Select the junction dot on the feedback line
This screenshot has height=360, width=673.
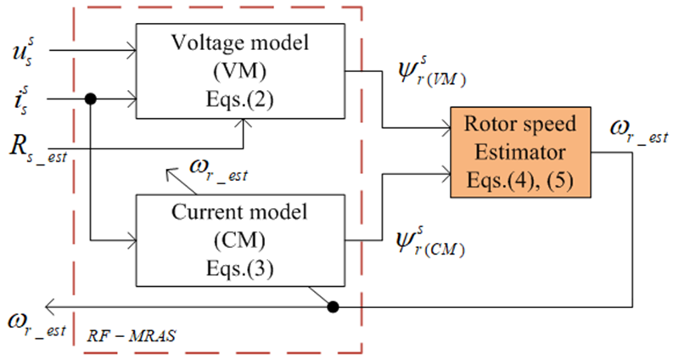point(334,306)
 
